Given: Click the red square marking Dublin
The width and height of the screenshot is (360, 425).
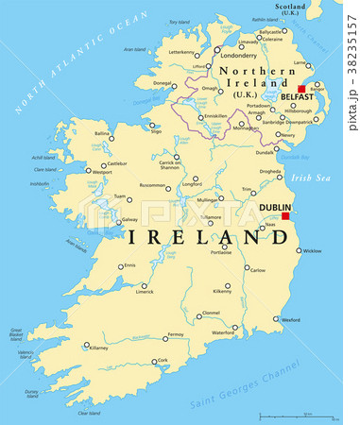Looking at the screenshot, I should (x=284, y=215).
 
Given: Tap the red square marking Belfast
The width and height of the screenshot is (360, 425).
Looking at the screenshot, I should (x=302, y=89).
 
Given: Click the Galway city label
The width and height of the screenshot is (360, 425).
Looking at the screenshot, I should (x=129, y=220).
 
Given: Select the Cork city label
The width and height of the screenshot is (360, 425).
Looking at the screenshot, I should (x=163, y=361).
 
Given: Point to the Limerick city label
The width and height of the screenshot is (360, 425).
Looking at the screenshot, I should (x=145, y=292).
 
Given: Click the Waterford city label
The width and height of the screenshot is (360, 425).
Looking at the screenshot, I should (x=224, y=332).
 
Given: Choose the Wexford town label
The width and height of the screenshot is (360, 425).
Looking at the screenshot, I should (x=290, y=320).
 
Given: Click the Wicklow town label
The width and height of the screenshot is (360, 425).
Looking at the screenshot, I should (x=312, y=251).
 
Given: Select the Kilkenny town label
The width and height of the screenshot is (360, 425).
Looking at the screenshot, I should (x=222, y=292).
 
